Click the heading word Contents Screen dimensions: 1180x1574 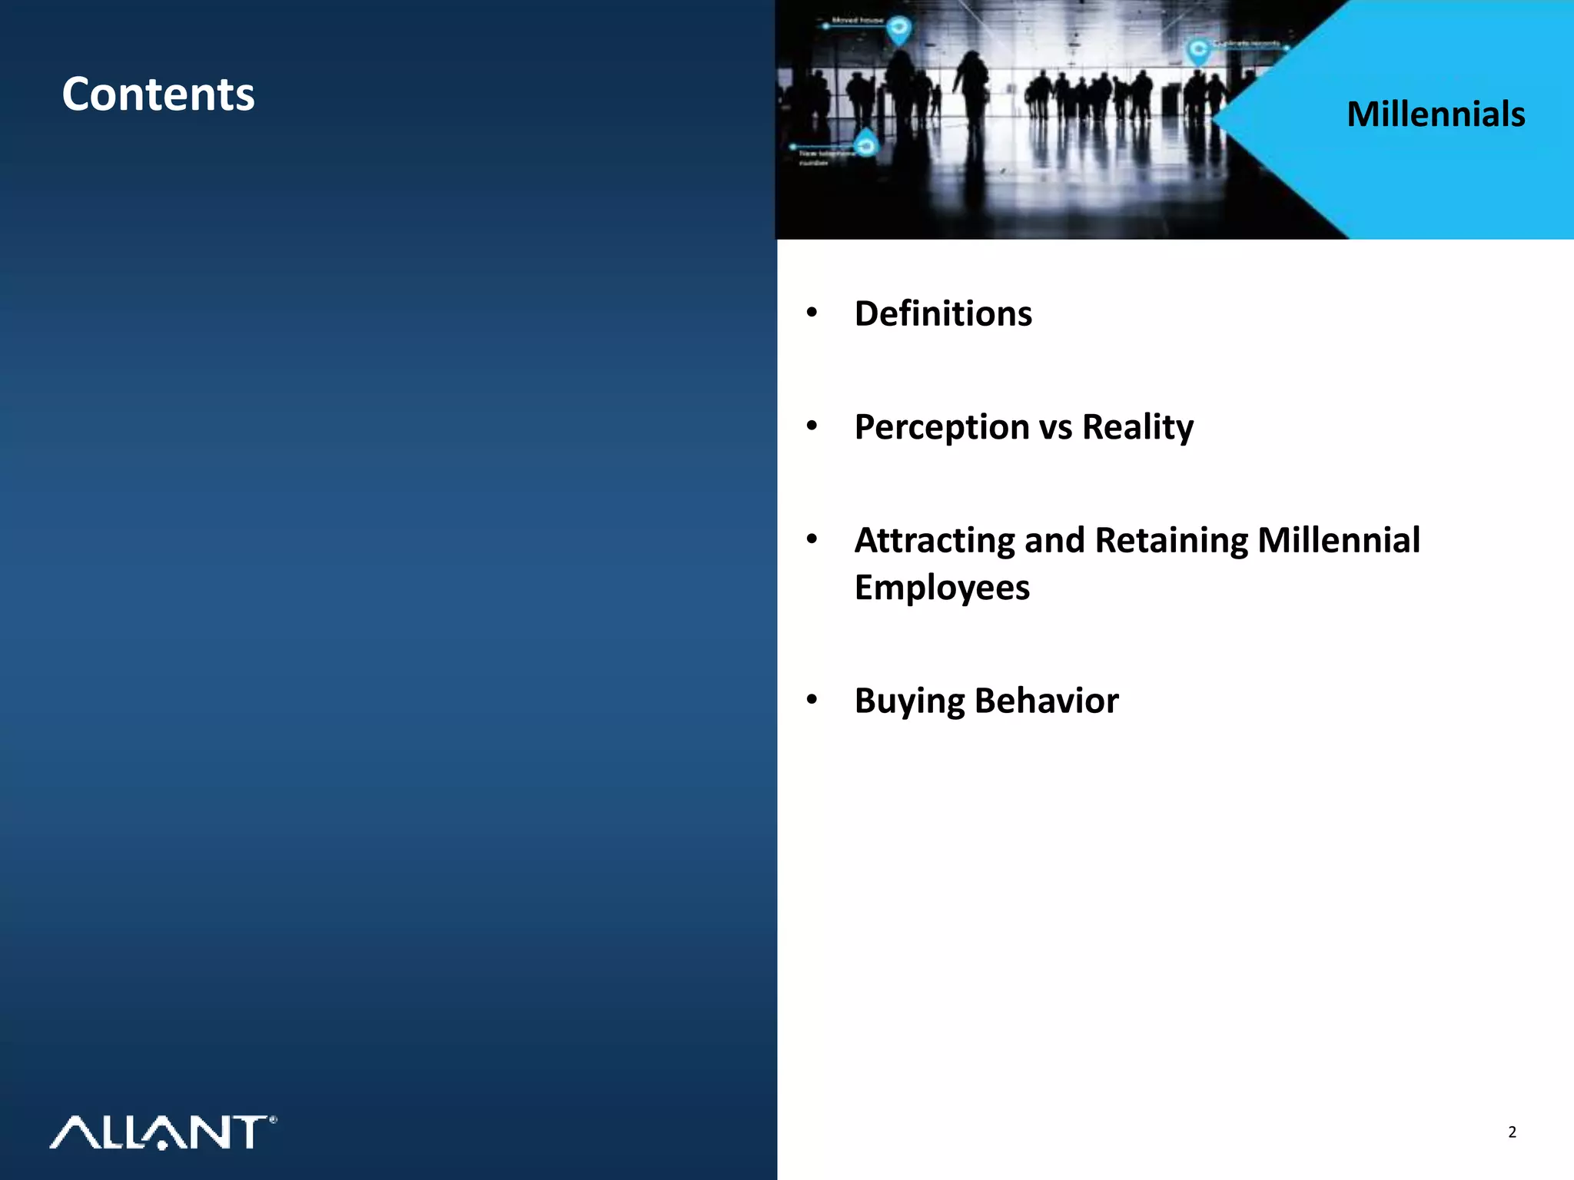point(158,94)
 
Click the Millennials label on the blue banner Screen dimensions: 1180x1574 point(1436,114)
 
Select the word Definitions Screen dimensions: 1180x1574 point(943,313)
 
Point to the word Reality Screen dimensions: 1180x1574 point(1137,427)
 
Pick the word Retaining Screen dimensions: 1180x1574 point(1171,540)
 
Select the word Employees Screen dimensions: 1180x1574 point(941,588)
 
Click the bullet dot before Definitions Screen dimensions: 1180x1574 point(812,313)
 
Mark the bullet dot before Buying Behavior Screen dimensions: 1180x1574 point(812,700)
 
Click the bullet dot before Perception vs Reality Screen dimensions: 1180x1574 point(812,426)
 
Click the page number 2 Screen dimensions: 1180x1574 point(1512,1132)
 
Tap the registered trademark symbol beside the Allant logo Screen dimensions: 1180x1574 point(273,1120)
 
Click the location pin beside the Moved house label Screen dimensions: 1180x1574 point(898,30)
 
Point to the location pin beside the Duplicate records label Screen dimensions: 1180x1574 point(1197,51)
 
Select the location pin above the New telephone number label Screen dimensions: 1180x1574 point(867,143)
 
